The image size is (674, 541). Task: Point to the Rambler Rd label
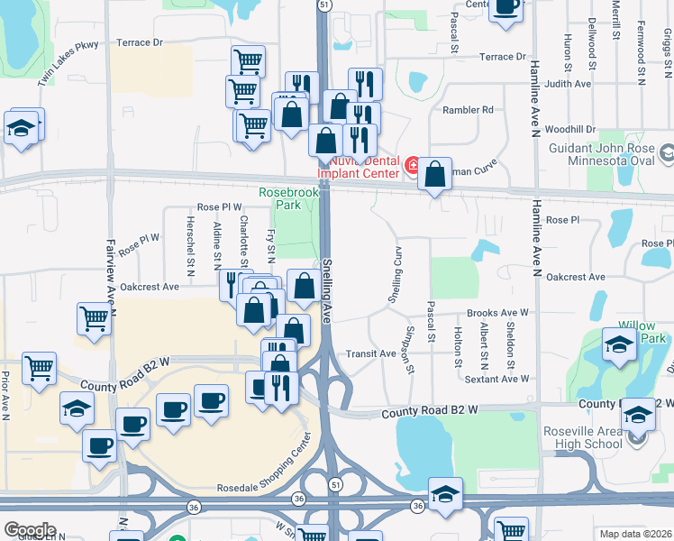click(x=468, y=110)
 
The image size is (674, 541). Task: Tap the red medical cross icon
click(x=412, y=165)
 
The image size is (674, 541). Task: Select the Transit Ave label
click(x=371, y=354)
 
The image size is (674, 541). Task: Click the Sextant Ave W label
click(x=496, y=380)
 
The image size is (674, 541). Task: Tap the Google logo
click(x=30, y=530)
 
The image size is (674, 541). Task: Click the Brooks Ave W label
click(x=497, y=313)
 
